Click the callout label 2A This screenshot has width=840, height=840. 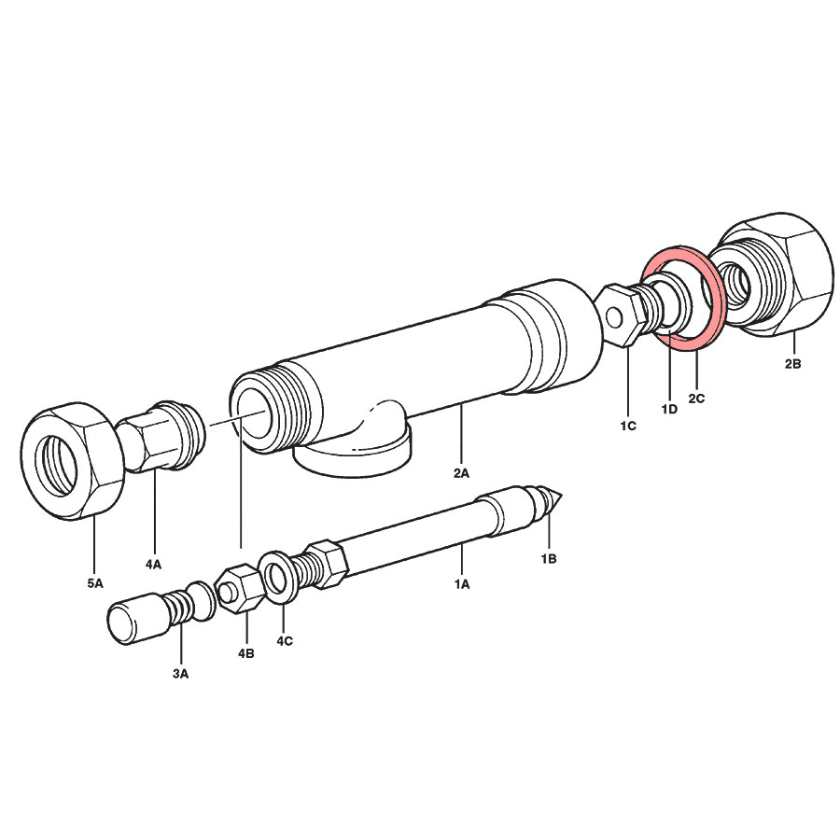coord(461,473)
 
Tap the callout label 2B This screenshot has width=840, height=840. coord(792,364)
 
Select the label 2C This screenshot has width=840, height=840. coord(696,398)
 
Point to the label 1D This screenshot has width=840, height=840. coord(669,410)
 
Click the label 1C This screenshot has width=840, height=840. coord(628,426)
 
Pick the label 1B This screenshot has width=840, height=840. coord(549,559)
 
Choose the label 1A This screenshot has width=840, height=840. coord(462,584)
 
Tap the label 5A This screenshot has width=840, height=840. coord(95,583)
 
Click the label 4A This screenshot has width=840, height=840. coord(153,564)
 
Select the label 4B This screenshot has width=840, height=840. coord(245,653)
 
